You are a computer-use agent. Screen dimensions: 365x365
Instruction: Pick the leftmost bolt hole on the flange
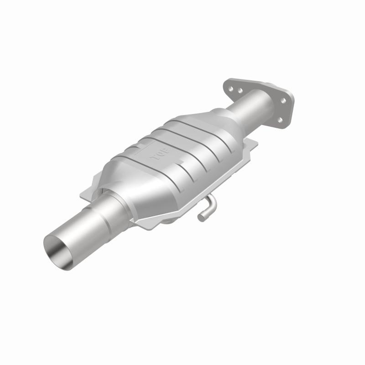point(231,90)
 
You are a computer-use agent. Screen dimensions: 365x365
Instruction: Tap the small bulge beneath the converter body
point(171,221)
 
